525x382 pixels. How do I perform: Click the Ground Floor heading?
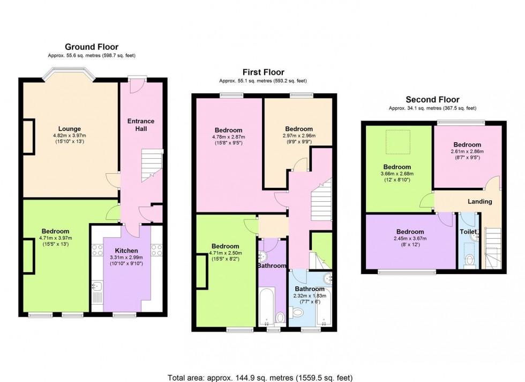coord(92,47)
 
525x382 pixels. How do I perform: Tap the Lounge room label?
coord(70,128)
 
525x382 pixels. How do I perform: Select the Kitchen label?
coord(126,251)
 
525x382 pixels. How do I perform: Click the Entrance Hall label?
coord(141,125)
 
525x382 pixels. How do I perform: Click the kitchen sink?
coord(97,286)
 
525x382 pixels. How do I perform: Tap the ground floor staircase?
coord(152,165)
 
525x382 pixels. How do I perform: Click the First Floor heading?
coord(264,72)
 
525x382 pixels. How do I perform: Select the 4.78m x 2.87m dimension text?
coord(229,137)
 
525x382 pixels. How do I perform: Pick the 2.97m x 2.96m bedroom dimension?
coord(299,136)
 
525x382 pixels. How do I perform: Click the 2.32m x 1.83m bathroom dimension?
coord(310,296)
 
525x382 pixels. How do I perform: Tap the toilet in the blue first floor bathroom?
coord(298,313)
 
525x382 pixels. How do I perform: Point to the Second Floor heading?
coord(433,100)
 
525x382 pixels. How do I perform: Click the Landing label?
coord(480,201)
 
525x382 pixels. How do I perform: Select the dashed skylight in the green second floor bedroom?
coord(398,142)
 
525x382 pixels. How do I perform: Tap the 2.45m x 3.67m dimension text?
coord(410,238)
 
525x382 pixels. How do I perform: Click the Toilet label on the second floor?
coord(468,232)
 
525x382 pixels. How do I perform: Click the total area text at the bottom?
coord(260,378)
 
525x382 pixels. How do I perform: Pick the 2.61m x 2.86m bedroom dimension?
coord(467,151)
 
